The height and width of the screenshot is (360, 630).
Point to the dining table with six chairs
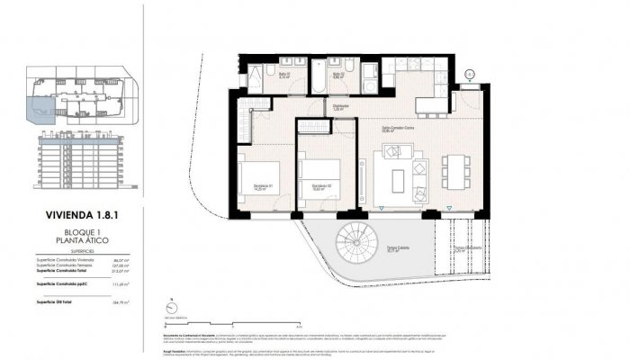point(455,170)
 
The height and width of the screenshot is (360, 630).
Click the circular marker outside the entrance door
point(469,75)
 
